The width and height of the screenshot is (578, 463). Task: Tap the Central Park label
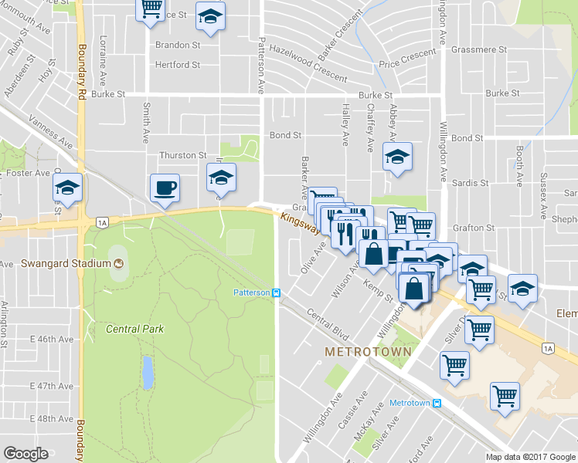pyautogui.click(x=134, y=329)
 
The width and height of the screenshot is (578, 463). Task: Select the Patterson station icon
pyautogui.click(x=276, y=292)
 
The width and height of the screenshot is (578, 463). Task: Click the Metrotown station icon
pyautogui.click(x=437, y=403)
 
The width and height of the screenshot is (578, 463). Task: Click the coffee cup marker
pyautogui.click(x=164, y=188)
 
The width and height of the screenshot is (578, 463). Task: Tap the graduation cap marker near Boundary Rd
pyautogui.click(x=68, y=188)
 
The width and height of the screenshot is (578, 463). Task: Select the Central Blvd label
pyautogui.click(x=328, y=325)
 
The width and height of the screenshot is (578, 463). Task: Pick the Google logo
pyautogui.click(x=25, y=454)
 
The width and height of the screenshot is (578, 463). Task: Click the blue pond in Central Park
pyautogui.click(x=147, y=372)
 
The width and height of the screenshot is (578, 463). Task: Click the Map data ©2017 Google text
pyautogui.click(x=530, y=457)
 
